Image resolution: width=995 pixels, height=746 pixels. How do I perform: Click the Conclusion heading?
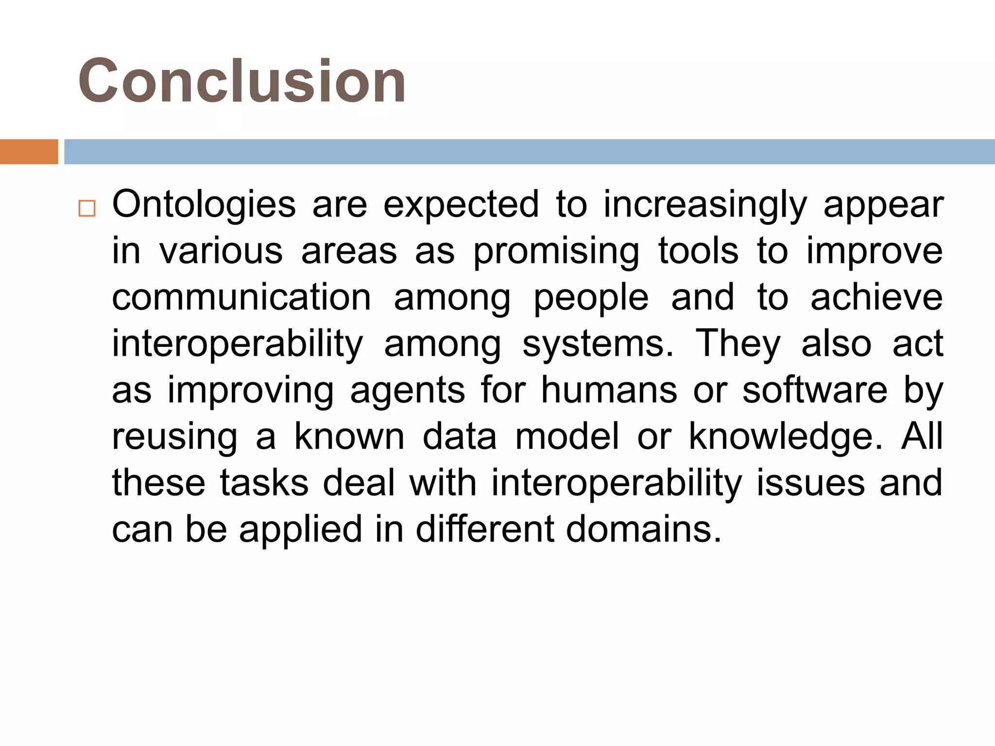[242, 81]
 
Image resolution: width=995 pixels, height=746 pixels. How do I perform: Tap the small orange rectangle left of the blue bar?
[29, 152]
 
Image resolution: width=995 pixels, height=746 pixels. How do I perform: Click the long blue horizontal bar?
[529, 152]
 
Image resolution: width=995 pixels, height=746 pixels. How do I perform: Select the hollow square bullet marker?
[87, 208]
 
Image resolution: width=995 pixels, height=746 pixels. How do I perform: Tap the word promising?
[556, 252]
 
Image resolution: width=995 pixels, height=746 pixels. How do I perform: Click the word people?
[591, 298]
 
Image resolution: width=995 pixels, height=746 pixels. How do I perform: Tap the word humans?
[609, 390]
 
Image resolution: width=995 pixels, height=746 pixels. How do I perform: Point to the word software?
[815, 390]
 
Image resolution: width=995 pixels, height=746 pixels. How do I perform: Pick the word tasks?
[264, 483]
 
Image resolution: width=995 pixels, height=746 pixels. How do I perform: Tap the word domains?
[644, 529]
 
